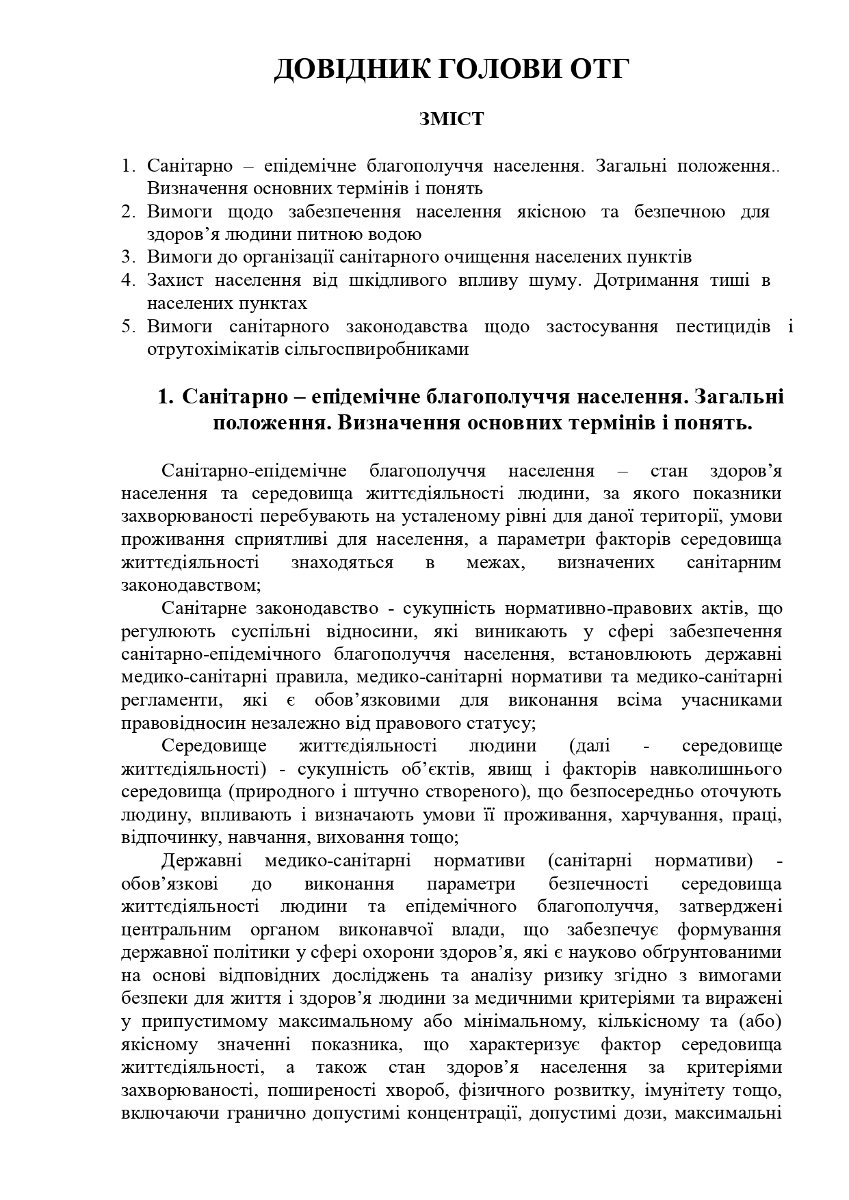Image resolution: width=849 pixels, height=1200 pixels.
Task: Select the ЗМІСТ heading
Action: pos(452,119)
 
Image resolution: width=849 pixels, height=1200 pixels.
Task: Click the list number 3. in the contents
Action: pos(129,257)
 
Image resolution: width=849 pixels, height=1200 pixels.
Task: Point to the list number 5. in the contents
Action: pos(129,326)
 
